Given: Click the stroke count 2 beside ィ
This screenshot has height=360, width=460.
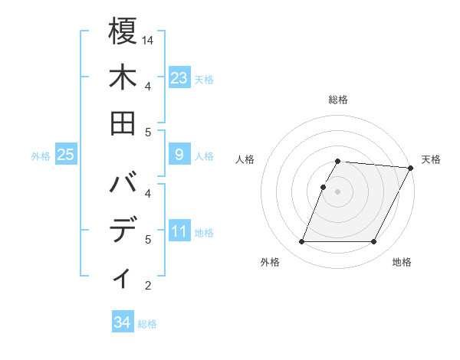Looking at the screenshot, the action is click(148, 286).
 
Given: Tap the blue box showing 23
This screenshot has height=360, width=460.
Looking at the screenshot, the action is click(179, 77).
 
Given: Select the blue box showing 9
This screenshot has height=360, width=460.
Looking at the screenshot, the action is click(179, 155).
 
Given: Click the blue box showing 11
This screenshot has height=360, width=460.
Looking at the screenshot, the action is click(179, 231).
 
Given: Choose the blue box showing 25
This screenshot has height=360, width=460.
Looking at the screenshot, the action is click(65, 155).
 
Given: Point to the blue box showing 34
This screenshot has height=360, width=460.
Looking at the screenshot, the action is click(122, 322).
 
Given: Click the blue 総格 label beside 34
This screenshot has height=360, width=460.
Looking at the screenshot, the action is click(147, 324).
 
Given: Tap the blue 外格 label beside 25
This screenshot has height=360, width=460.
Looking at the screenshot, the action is click(41, 156).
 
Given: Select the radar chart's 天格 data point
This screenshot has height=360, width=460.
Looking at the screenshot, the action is click(410, 168).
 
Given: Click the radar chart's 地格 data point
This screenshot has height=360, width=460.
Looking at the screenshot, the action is click(373, 242).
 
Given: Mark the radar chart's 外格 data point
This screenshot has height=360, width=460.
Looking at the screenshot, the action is click(301, 242).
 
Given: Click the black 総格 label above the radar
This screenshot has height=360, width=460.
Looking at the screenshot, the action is click(338, 100).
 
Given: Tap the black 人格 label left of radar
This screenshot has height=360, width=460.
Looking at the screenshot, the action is click(245, 159).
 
